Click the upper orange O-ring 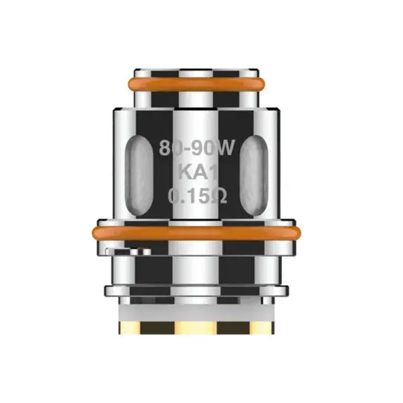pos(197,84)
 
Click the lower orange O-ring pos(197,233)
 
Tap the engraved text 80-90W pos(197,148)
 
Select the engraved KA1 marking pos(198,172)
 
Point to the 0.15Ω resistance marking pos(197,197)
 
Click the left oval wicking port pos(139,176)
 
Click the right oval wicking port pos(254,176)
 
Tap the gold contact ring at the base pos(197,328)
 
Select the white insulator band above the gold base pos(197,313)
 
